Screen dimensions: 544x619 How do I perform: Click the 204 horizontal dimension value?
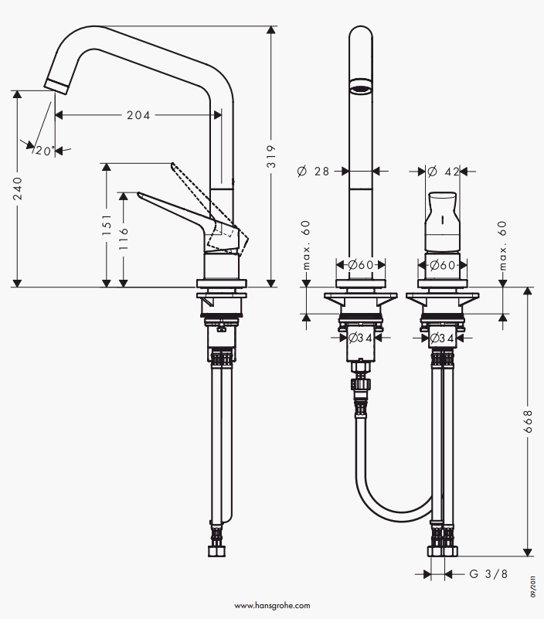138,115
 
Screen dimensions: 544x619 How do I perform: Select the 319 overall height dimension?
271,156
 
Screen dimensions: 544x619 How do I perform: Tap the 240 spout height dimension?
18,189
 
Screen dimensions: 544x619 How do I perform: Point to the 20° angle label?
45,151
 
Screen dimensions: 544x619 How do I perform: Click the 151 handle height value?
107,226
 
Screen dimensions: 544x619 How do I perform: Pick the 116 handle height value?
124,239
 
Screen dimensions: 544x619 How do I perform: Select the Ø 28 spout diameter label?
313,172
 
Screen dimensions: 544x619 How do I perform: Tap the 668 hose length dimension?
528,421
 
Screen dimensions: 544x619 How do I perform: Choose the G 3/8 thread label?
488,573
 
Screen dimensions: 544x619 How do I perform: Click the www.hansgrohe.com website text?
272,606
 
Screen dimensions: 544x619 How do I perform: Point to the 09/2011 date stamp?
533,586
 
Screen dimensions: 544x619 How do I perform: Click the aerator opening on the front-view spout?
361,87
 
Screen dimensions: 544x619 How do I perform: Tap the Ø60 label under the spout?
361,264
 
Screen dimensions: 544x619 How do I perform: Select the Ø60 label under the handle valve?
443,264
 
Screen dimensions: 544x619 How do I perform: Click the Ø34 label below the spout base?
360,338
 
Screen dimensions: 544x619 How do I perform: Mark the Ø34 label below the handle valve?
442,338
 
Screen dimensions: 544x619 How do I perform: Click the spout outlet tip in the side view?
57,87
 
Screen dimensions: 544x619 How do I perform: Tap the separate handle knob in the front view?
442,222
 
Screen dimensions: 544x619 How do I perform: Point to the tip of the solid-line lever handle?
138,194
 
